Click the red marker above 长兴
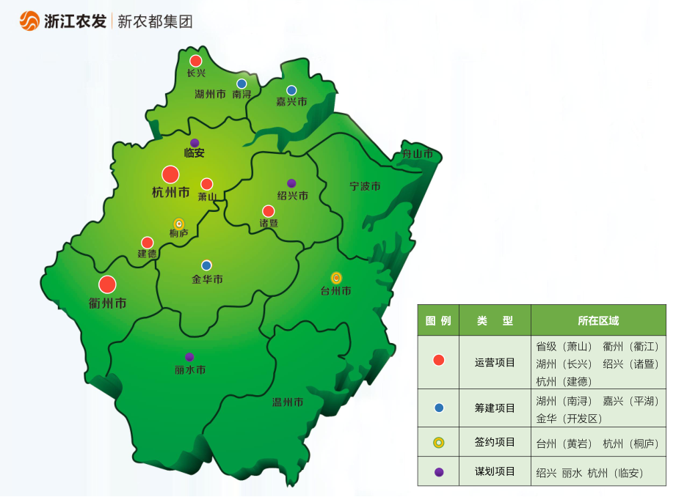pos(195,61)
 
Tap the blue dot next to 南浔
pos(241,84)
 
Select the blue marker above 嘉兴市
pos(291,90)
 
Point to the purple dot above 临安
pos(195,143)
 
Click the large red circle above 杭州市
pos(170,174)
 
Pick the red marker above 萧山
pos(207,184)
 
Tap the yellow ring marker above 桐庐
pos(178,224)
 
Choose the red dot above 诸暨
pos(269,211)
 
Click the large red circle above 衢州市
pos(107,284)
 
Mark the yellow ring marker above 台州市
pos(336,278)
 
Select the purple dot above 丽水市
pos(189,357)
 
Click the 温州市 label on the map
pos(288,402)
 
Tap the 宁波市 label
pos(365,187)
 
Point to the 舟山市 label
pos(417,155)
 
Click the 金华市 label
pos(207,279)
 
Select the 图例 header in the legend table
pos(438,321)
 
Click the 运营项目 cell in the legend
pos(495,362)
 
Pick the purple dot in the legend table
pos(439,472)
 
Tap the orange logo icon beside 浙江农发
pos(29,21)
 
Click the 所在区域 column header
pos(597,321)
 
